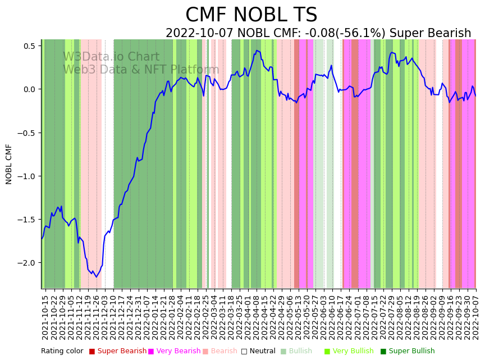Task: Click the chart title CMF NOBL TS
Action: pos(251,15)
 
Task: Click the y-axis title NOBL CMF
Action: pos(9,164)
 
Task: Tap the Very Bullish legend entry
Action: pos(353,351)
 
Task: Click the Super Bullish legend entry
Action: pos(411,351)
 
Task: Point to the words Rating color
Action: pos(62,351)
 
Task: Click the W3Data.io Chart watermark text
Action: pos(111,57)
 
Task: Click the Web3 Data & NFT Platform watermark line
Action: pos(141,70)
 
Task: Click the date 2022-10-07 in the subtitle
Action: pos(199,34)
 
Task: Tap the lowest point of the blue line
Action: pos(96,277)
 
